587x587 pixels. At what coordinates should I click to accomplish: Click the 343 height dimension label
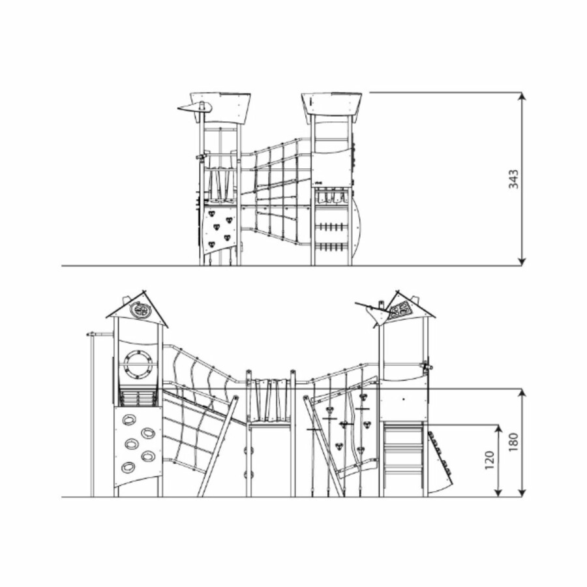point(514,179)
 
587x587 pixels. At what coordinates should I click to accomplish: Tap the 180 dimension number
point(514,442)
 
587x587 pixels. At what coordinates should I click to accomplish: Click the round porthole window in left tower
point(138,364)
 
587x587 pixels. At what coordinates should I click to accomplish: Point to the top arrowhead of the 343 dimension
point(522,97)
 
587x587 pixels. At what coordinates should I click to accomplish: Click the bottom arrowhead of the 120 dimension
point(498,492)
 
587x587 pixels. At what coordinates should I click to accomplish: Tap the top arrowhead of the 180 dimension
point(522,393)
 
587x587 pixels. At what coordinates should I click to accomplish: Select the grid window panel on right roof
point(400,309)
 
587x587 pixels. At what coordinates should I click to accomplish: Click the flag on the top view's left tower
point(194,108)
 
